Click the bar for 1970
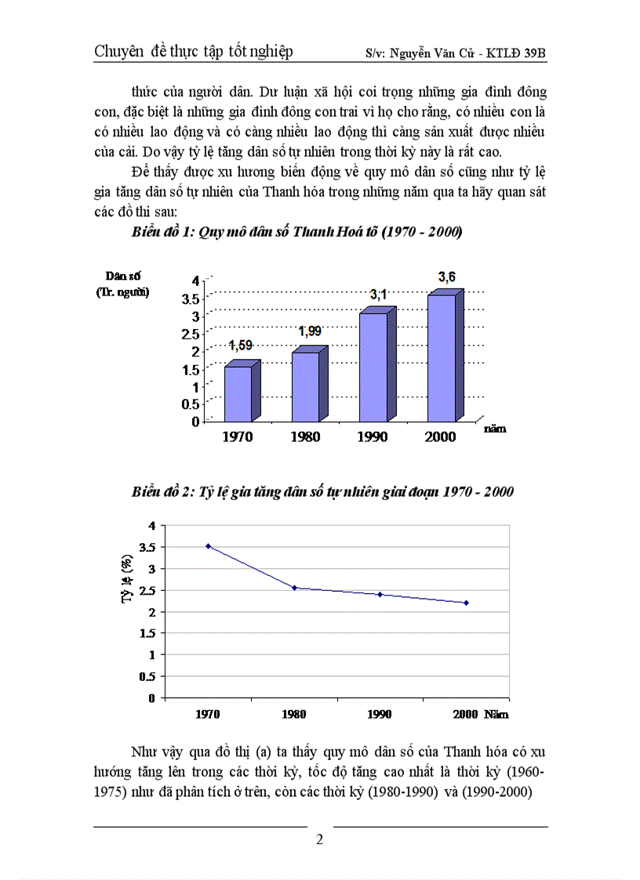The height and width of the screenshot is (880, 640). [238, 393]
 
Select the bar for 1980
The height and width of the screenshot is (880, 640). [305, 386]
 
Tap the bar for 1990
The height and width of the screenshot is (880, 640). [373, 367]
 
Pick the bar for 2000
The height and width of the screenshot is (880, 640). [441, 357]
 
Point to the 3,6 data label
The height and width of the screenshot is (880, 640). [446, 276]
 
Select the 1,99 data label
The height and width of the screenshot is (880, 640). [310, 331]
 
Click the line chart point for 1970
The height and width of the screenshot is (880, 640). [208, 545]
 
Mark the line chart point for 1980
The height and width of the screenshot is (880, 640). [294, 588]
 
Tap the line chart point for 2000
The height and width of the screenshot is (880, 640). [467, 603]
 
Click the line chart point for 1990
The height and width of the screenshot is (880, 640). [380, 594]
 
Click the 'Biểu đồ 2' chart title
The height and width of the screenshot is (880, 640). [322, 492]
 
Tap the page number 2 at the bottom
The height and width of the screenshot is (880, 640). [319, 839]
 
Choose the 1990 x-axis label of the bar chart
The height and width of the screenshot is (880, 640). [372, 436]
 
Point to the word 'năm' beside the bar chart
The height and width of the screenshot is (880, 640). [494, 428]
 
